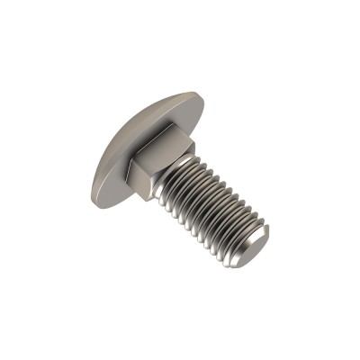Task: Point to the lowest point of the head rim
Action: point(99,200)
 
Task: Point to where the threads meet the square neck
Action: point(173,180)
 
